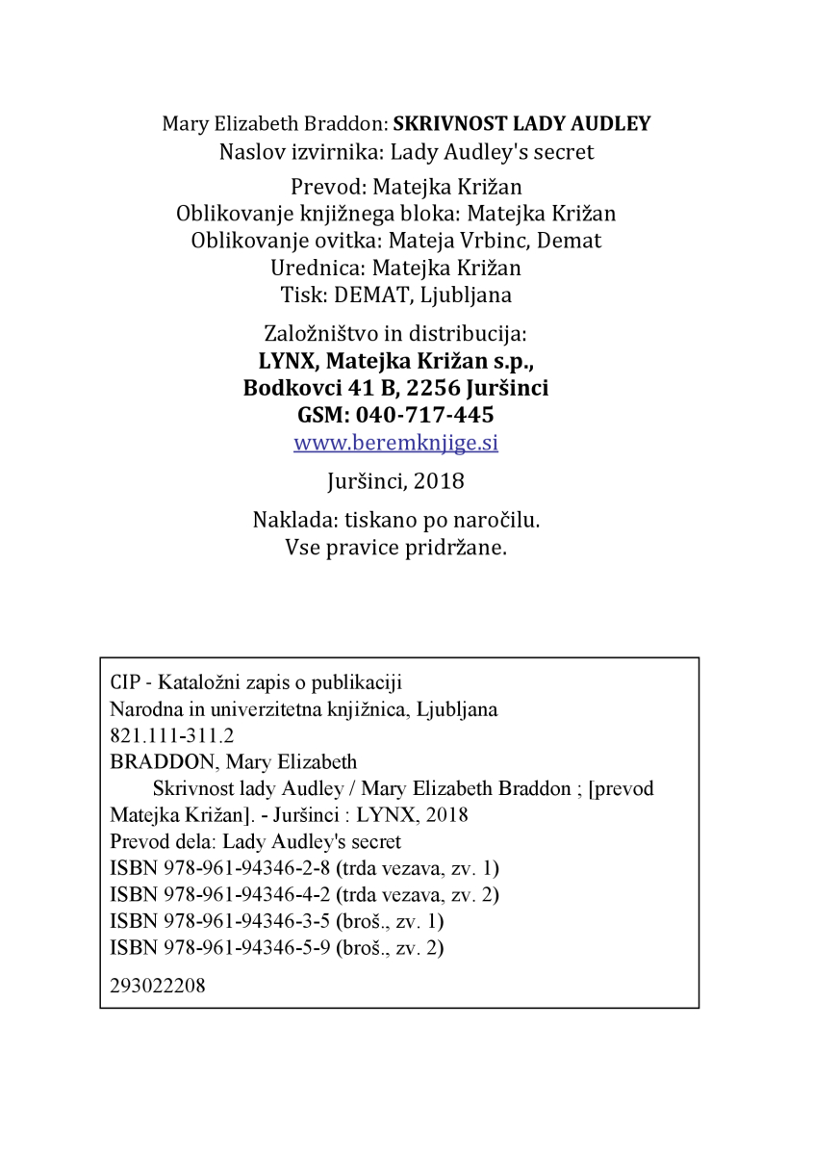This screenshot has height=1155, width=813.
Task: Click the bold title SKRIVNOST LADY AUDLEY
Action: (x=522, y=124)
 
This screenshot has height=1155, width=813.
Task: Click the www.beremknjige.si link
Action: (x=395, y=444)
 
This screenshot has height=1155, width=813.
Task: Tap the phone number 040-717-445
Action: (x=424, y=416)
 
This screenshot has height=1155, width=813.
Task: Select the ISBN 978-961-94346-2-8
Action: (x=219, y=868)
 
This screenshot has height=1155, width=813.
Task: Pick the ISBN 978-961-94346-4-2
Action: (x=219, y=894)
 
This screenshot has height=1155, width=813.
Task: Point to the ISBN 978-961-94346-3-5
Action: (x=219, y=921)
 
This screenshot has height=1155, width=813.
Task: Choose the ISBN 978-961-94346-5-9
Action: (x=219, y=947)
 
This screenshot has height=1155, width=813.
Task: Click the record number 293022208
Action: (x=158, y=986)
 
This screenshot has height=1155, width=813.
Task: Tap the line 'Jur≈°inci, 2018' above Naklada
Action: (x=395, y=479)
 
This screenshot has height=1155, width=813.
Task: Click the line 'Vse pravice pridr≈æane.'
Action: (x=395, y=548)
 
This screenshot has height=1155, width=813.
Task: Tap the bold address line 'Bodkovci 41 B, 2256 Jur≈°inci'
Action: (x=395, y=389)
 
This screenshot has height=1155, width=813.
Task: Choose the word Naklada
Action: (x=287, y=521)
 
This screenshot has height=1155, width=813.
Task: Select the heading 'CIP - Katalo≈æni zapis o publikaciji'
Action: (x=256, y=683)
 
